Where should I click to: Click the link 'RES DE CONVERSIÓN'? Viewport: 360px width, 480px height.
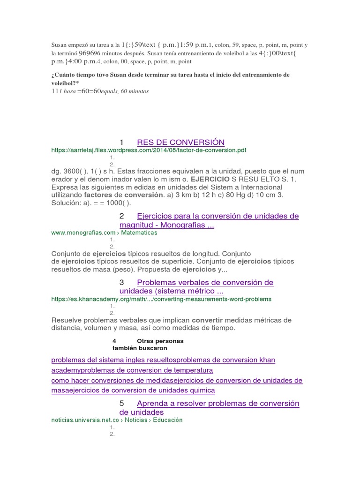click(180, 142)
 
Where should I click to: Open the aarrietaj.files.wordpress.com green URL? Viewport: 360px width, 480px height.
click(149, 150)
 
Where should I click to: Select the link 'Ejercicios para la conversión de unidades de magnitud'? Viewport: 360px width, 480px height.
click(217, 216)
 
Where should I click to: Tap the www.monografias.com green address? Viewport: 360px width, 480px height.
click(104, 232)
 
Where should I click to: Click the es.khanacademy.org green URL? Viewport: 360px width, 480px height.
click(161, 299)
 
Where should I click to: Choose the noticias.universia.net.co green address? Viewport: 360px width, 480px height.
click(117, 420)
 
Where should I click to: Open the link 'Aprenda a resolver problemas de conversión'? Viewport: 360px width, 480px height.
click(218, 404)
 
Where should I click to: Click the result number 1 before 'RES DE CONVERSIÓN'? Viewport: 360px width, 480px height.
click(121, 142)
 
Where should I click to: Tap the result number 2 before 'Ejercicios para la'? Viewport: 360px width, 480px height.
click(122, 216)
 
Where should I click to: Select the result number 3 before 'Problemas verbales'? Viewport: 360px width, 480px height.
click(122, 283)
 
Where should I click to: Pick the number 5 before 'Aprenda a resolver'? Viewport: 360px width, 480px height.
click(122, 404)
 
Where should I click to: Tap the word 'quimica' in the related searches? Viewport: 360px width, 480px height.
click(201, 390)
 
